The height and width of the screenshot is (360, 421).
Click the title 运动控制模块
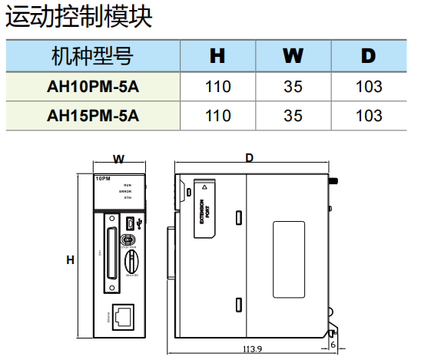(79, 17)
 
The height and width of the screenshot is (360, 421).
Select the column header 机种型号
(92, 55)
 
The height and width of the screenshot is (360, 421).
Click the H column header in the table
(218, 55)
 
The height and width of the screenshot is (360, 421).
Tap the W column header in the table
(293, 55)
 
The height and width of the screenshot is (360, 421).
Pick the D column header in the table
(369, 55)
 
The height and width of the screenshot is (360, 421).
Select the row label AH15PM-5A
(93, 116)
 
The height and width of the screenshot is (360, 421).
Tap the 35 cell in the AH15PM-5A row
(293, 116)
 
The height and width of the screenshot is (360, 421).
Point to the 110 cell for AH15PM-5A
(218, 116)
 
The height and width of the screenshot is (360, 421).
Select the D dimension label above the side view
(250, 157)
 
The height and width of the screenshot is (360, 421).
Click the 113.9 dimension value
(253, 348)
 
